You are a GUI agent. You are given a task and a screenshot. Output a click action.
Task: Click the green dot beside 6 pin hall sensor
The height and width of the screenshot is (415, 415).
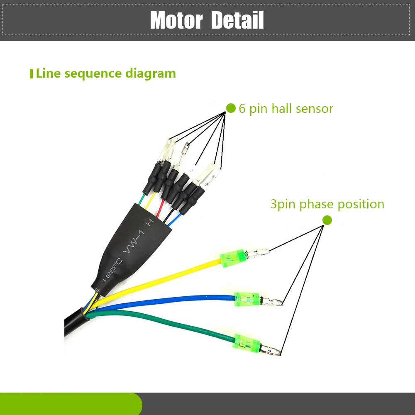(x=231, y=108)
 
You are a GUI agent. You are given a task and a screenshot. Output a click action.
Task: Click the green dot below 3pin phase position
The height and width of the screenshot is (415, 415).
(x=327, y=220)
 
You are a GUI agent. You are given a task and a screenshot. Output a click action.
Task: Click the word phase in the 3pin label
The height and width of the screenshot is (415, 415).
(x=317, y=204)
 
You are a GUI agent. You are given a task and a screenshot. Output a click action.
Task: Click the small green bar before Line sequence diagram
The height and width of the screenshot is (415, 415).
(x=31, y=74)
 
